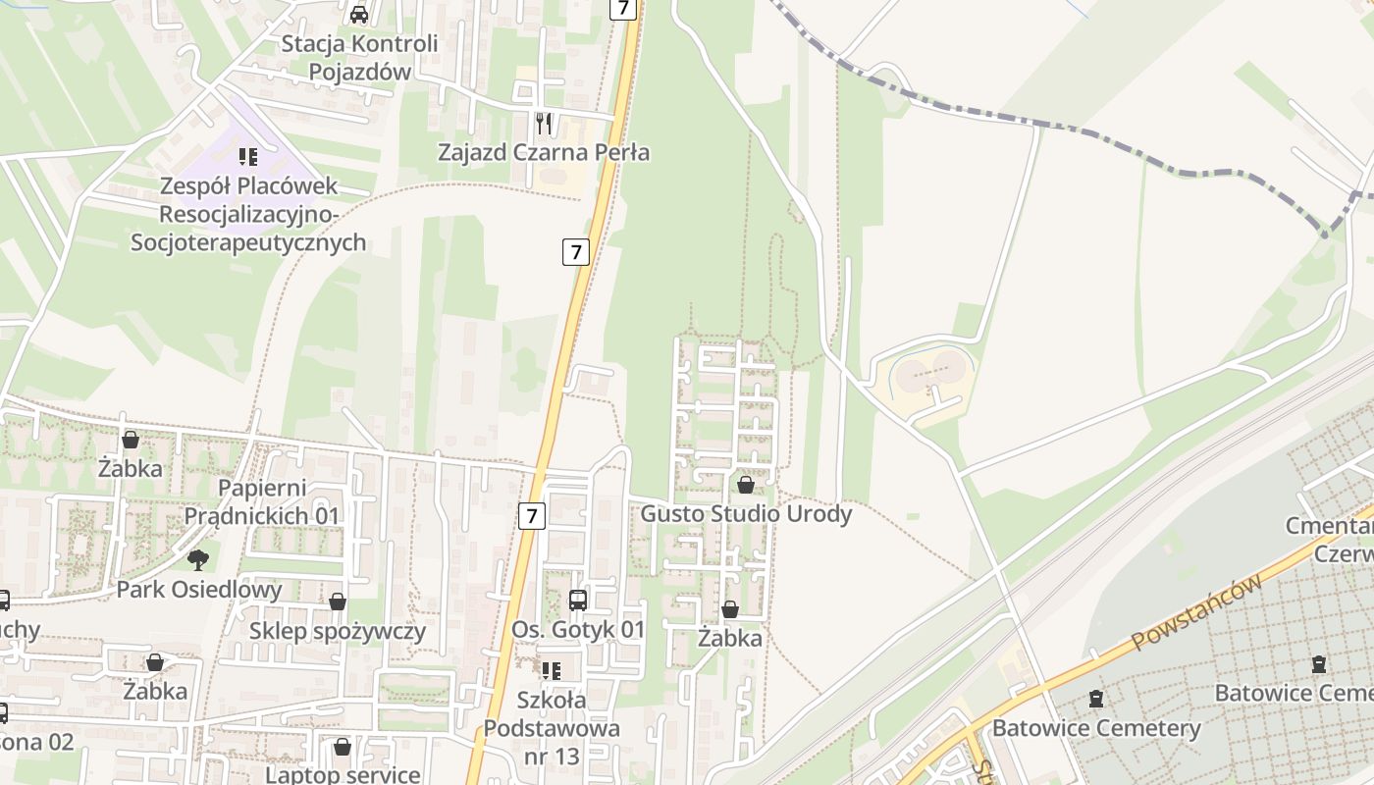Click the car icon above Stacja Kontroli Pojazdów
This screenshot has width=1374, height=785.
359,14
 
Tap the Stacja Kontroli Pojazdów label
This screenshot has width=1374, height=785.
359,58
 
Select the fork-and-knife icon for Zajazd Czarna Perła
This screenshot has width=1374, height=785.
544,124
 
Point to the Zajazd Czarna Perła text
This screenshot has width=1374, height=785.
544,152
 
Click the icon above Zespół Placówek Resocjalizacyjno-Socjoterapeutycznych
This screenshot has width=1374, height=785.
248,157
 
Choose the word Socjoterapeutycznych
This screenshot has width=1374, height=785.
248,242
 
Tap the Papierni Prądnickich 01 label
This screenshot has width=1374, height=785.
262,501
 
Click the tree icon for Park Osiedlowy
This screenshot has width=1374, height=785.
198,560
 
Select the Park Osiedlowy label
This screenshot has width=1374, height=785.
199,590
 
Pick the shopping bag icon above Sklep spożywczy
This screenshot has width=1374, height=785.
338,602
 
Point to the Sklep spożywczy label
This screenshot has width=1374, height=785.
338,631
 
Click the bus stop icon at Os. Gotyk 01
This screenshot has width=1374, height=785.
578,601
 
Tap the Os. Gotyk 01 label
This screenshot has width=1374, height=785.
578,630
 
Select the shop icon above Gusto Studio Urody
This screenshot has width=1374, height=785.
746,485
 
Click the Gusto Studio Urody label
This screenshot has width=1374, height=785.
746,513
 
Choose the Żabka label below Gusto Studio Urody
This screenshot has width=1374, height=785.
730,638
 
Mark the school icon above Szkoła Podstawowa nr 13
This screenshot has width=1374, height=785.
552,671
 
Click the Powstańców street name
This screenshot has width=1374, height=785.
1195,612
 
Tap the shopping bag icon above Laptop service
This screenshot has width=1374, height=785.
343,748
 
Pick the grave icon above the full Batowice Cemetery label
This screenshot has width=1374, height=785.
1096,700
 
